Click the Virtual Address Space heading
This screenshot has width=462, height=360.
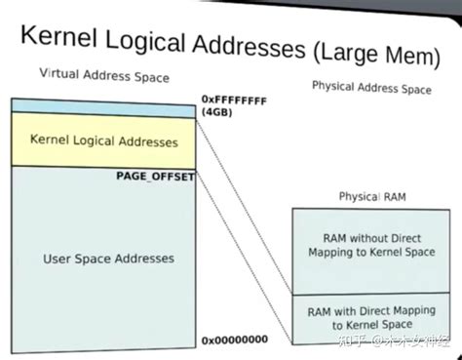click(103, 76)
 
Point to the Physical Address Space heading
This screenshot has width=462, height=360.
click(370, 88)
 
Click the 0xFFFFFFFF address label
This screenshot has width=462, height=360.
click(235, 99)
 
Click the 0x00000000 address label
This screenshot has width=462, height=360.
click(234, 340)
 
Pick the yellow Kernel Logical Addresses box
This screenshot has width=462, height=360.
click(103, 140)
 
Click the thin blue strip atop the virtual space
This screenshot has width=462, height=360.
click(103, 105)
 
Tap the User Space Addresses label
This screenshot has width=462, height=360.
click(109, 259)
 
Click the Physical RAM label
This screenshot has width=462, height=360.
click(371, 196)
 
